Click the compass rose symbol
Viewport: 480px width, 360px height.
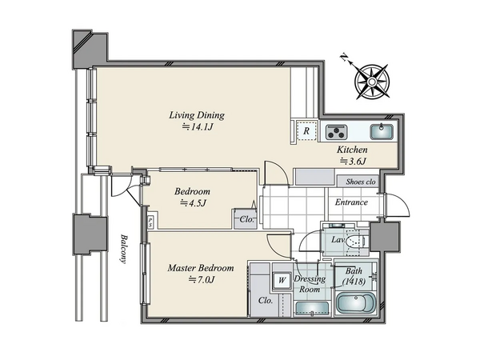click(x=372, y=82)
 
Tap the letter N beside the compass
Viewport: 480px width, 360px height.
click(x=345, y=58)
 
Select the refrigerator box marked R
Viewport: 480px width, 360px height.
click(x=306, y=130)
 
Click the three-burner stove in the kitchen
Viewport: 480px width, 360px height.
click(x=337, y=132)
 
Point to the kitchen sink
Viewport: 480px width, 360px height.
click(x=382, y=132)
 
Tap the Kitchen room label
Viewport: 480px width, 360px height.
click(x=352, y=150)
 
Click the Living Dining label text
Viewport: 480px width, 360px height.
click(x=197, y=115)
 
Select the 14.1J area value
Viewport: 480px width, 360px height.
click(x=198, y=126)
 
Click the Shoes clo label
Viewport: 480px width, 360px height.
click(x=361, y=182)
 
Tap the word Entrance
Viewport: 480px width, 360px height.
click(x=351, y=202)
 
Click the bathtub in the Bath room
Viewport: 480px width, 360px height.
click(x=356, y=302)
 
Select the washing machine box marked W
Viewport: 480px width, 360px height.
click(x=282, y=280)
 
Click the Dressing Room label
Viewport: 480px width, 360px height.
click(x=310, y=284)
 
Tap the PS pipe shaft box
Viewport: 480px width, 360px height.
click(x=150, y=222)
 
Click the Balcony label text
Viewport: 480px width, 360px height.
click(x=123, y=249)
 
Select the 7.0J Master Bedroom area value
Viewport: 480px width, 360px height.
click(x=202, y=279)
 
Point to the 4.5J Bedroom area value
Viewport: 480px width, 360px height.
click(x=193, y=203)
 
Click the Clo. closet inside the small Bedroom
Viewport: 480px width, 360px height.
click(x=246, y=219)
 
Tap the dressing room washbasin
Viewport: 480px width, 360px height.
click(x=311, y=308)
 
